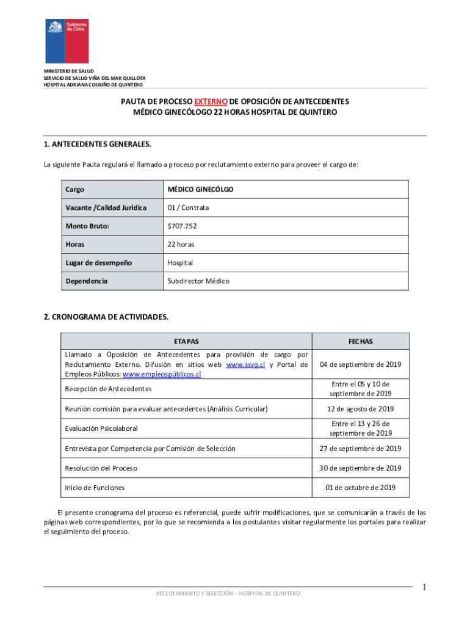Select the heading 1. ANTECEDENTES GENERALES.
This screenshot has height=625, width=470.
[96, 144]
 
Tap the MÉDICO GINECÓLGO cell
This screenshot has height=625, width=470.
[201, 189]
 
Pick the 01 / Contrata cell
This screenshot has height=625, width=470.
[188, 208]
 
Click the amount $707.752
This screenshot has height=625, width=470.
[182, 226]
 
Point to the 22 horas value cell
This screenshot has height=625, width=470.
[182, 244]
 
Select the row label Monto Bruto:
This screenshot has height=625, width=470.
[87, 226]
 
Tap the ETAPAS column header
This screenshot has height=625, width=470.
[186, 341]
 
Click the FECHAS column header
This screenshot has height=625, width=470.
[360, 341]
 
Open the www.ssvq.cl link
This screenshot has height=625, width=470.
[245, 364]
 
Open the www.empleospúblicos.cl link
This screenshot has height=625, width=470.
[162, 374]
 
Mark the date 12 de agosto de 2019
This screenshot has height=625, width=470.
[360, 408]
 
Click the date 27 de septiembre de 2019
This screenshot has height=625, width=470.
[360, 449]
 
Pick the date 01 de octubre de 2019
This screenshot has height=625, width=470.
[360, 487]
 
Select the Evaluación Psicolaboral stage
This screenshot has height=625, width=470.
[101, 428]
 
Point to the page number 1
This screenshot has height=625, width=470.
[424, 587]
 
